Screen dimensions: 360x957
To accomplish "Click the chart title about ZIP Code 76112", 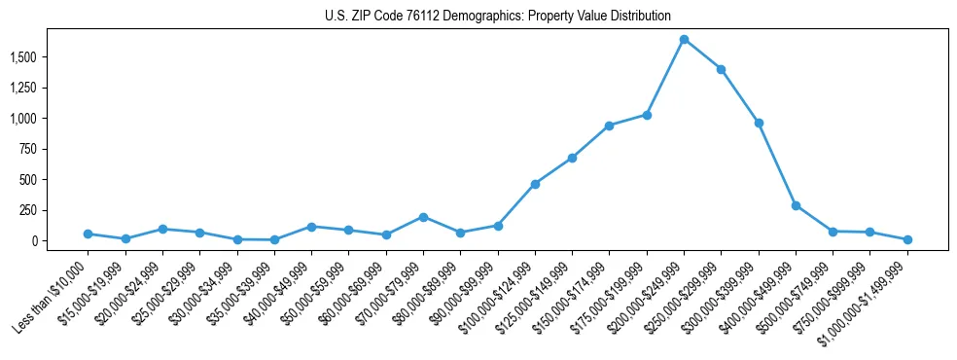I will pyautogui.click(x=498, y=16).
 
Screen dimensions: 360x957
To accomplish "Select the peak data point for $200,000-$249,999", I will pyautogui.click(x=684, y=39).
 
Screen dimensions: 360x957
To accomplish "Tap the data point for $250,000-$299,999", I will pyautogui.click(x=721, y=69).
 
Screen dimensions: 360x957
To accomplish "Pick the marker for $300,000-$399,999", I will pyautogui.click(x=759, y=123).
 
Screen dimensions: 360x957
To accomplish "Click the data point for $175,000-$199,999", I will pyautogui.click(x=647, y=115).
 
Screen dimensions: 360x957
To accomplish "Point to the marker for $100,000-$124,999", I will pyautogui.click(x=535, y=184).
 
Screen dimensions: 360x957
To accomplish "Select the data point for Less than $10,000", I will pyautogui.click(x=88, y=234).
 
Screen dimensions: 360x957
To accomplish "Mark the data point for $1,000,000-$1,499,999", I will pyautogui.click(x=907, y=239).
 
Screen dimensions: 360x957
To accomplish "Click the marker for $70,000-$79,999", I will pyautogui.click(x=423, y=217).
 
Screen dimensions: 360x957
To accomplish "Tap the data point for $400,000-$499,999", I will pyautogui.click(x=796, y=205).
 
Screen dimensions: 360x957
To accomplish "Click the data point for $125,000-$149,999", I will pyautogui.click(x=572, y=158).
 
